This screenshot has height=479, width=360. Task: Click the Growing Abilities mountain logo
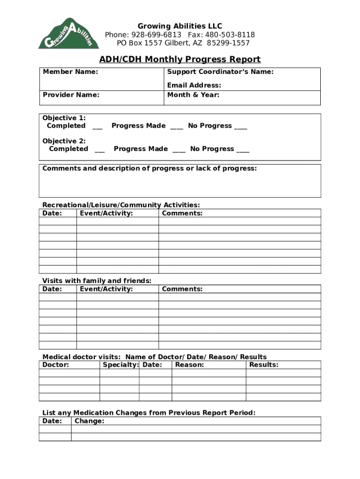pos(69,34)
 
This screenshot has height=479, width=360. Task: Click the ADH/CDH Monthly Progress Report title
pos(180,59)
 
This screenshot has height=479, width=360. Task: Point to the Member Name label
pos(71,72)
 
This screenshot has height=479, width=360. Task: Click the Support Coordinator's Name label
pos(220,72)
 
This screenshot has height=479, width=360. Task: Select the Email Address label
pos(194,85)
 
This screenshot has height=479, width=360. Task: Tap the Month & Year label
pos(193,95)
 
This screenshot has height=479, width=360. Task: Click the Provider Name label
pos(71,95)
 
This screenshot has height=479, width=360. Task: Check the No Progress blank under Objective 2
pos(243,150)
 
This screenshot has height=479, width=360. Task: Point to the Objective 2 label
pos(64,141)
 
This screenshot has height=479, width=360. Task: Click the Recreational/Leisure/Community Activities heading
pos(121,205)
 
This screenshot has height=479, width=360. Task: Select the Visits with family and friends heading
pos(97,281)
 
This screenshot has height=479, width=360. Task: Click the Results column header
pos(264,365)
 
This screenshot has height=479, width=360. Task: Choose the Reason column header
pos(189,365)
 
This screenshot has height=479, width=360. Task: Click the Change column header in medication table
pos(89,421)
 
